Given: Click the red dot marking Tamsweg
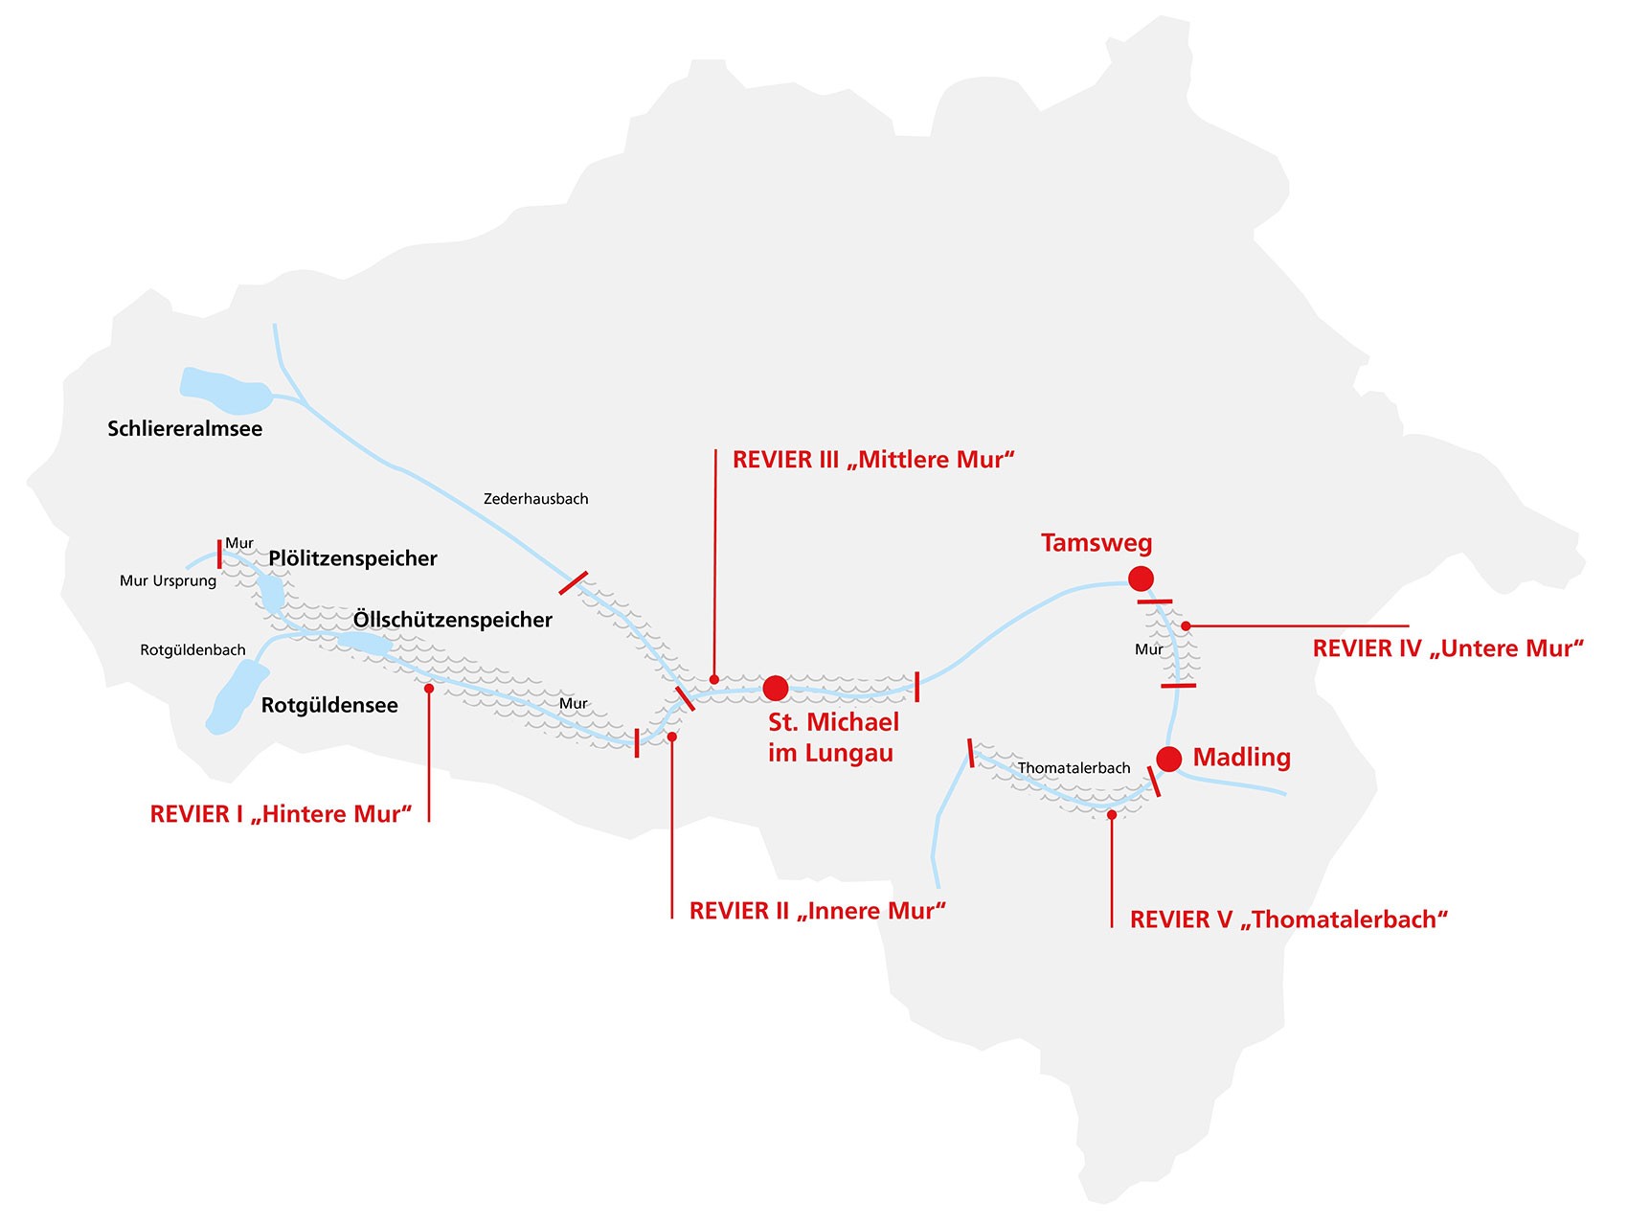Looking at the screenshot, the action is click(1141, 579).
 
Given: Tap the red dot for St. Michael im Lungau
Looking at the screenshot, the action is click(776, 688).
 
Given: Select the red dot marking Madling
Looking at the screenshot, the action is click(1168, 759).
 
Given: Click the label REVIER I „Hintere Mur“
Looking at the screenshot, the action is click(281, 814).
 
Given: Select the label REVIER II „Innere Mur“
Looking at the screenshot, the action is click(818, 911).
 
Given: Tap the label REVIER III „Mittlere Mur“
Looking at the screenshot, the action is click(873, 460).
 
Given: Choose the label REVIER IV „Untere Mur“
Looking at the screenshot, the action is click(1448, 648).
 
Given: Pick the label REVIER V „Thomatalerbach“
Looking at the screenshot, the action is click(1289, 919).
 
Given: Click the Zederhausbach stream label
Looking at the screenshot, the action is click(536, 499).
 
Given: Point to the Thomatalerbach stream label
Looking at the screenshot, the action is click(1074, 768).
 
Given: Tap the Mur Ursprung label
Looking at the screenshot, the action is click(169, 581).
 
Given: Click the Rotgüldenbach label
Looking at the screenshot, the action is click(193, 650).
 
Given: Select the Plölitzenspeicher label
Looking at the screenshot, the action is click(352, 558).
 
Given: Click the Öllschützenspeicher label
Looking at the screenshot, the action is click(453, 620).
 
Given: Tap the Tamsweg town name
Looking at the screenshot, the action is click(1097, 543).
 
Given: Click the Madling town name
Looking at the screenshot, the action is click(1242, 758).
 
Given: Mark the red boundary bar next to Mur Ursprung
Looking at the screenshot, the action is click(219, 554).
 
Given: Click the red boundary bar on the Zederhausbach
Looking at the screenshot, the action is click(574, 582).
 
